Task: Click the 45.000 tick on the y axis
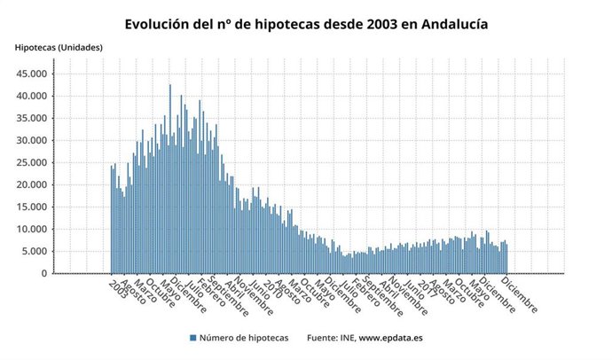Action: [33, 74]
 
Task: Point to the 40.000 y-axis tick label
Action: [33, 96]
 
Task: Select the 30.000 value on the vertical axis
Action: [33, 140]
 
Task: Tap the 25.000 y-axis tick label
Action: [33, 162]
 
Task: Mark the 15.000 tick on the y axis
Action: [33, 207]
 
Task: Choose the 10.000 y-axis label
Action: [33, 229]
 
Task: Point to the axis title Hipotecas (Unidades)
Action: [58, 47]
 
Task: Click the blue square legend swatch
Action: [192, 338]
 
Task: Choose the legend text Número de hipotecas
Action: [242, 338]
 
